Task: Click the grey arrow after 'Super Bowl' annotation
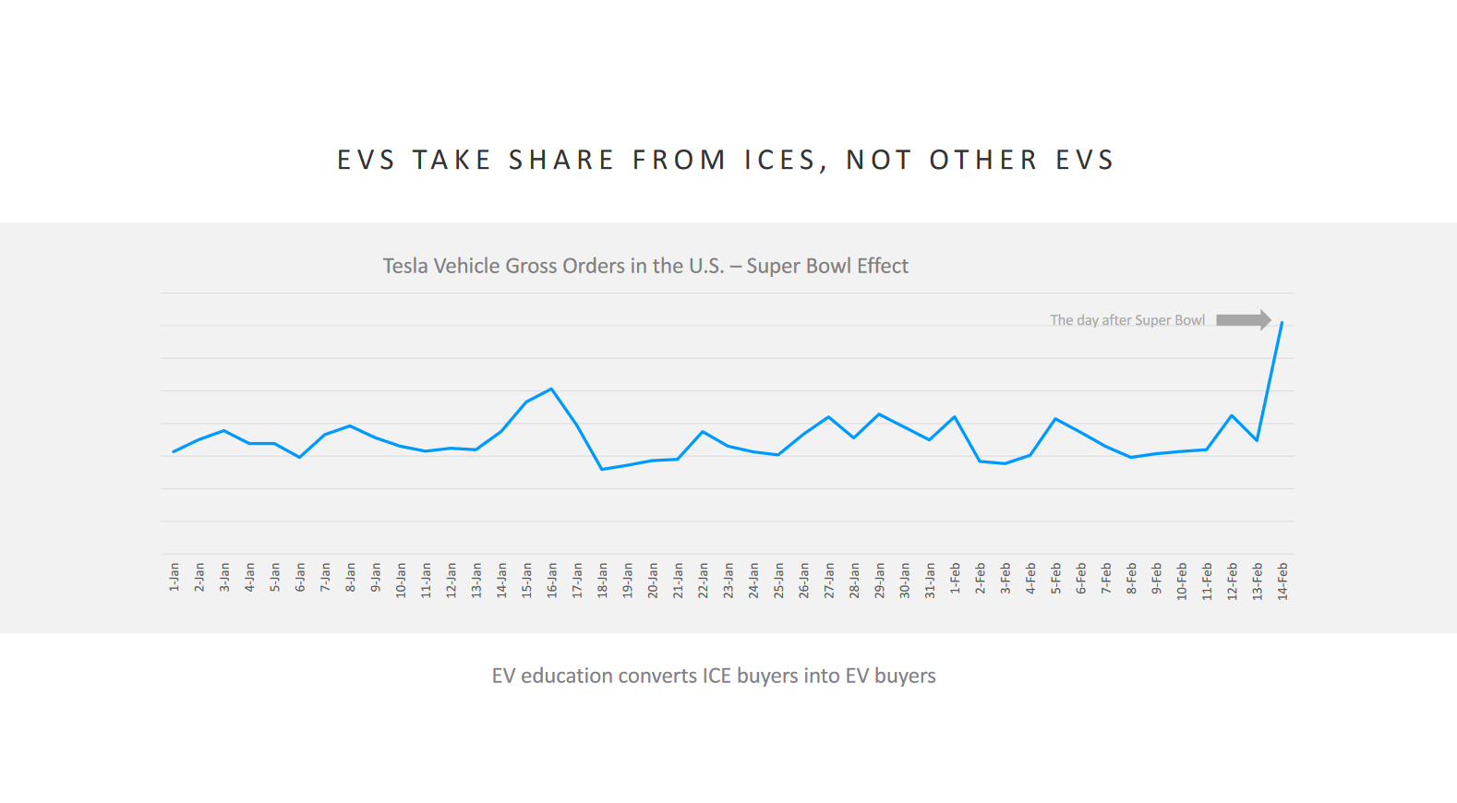1243,320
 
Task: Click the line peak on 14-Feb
1282,322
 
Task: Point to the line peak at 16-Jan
551,389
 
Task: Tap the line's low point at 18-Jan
602,469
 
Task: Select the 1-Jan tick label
174,576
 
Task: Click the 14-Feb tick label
1282,581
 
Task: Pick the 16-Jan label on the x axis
552,581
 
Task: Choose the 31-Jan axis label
930,581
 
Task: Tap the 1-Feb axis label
955,578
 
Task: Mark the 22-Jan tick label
703,581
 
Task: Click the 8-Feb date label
1131,578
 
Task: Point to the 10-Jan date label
401,581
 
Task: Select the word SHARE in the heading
561,161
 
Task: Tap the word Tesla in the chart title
405,266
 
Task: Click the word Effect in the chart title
882,266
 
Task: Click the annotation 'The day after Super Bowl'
1126,320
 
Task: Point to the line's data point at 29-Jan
879,413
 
